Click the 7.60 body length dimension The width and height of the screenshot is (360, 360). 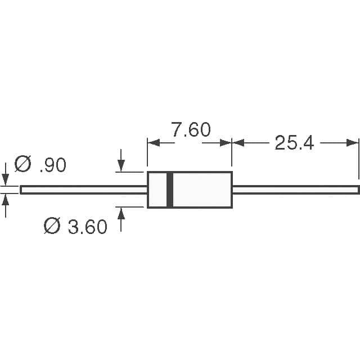pyautogui.click(x=191, y=129)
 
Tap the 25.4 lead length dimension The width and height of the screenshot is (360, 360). pyautogui.click(x=294, y=143)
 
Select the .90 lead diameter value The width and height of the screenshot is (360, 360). pyautogui.click(x=53, y=165)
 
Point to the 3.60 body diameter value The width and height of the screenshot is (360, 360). pyautogui.click(x=87, y=227)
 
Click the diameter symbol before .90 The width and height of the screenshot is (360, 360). pyautogui.click(x=22, y=164)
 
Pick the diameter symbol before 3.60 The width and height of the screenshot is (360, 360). pyautogui.click(x=52, y=226)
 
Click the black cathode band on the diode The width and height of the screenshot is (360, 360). pyautogui.click(x=170, y=190)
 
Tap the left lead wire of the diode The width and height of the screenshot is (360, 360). pyautogui.click(x=84, y=190)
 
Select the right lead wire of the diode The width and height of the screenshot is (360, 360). pyautogui.click(x=296, y=190)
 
